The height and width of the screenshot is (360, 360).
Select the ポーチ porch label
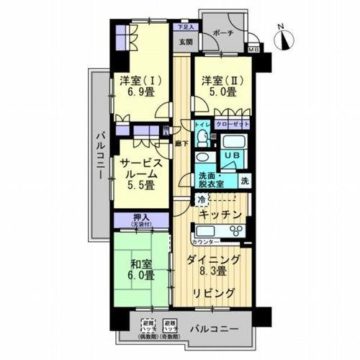point(223,32)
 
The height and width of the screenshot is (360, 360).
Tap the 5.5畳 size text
point(140,186)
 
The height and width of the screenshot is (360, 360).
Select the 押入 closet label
point(142,217)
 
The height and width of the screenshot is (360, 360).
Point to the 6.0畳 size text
point(142,275)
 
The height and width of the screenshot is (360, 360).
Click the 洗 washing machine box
point(245,180)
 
